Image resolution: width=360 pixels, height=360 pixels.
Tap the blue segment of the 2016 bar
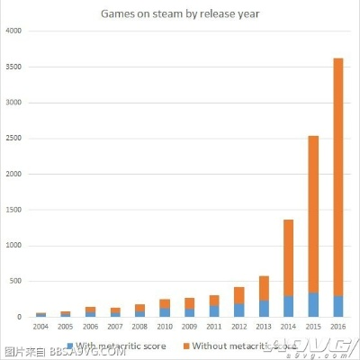337,307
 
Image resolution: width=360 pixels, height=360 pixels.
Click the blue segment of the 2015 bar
312,305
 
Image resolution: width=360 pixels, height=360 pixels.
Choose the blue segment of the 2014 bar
288,307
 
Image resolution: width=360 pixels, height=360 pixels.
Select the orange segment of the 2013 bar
263,288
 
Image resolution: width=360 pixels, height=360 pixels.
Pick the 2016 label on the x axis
337,326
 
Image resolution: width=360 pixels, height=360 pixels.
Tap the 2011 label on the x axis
214,326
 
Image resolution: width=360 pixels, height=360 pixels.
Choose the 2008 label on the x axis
139,326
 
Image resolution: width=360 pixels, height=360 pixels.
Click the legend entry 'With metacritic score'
112,344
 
